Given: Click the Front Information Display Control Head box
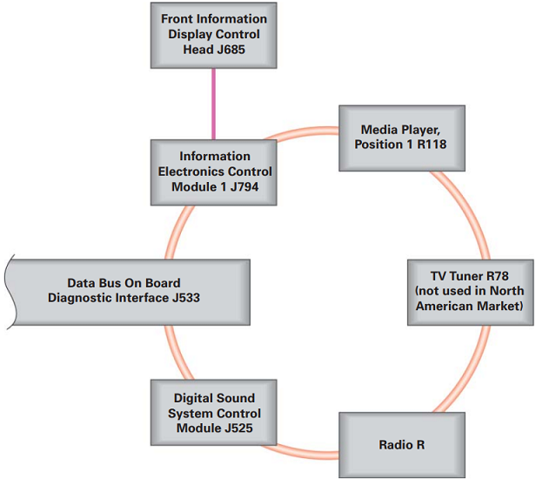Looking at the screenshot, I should pos(213,35).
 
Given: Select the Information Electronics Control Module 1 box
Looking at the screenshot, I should pos(213,172).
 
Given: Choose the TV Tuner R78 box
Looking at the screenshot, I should pos(469,292).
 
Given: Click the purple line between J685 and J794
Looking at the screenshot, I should pos(214,104).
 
